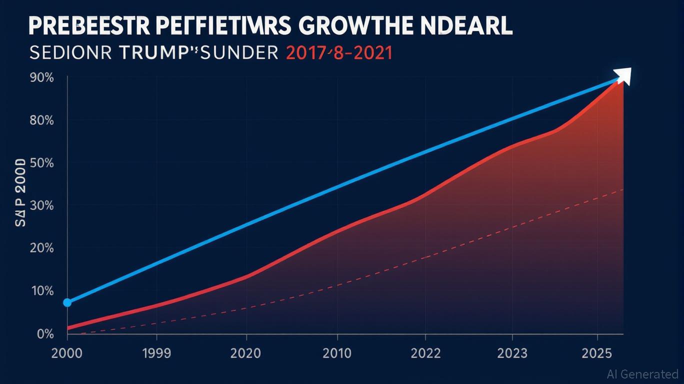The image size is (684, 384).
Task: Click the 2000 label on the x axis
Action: [67, 353]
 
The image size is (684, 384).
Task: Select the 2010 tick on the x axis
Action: [337, 353]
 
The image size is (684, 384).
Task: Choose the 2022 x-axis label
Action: [426, 353]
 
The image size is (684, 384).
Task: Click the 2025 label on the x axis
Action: [597, 353]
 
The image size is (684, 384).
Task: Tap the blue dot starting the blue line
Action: [67, 302]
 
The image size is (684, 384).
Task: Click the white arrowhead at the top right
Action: [624, 75]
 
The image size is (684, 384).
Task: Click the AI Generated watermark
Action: [642, 373]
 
